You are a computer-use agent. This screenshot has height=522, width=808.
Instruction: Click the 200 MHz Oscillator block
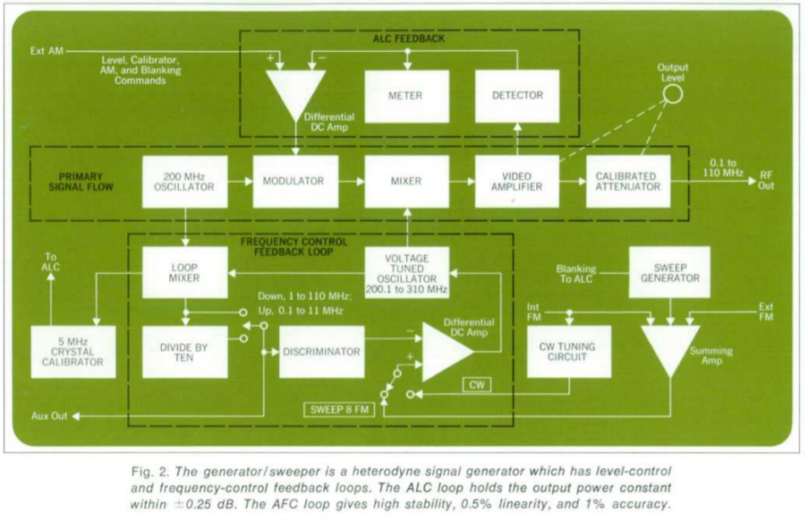[184, 182]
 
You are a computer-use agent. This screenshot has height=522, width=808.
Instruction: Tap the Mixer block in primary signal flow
[405, 182]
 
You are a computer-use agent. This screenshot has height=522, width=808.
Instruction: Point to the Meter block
[405, 96]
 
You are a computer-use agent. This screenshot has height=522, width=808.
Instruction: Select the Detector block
[517, 96]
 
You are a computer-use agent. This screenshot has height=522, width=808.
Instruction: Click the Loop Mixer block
[184, 272]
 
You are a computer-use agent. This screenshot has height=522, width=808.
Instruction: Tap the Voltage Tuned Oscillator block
[405, 272]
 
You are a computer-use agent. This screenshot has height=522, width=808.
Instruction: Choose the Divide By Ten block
[184, 352]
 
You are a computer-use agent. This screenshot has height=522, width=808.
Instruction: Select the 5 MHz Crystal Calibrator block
[72, 352]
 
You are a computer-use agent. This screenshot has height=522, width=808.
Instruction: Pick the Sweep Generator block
[669, 272]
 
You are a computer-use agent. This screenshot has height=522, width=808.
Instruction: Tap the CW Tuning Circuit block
[568, 352]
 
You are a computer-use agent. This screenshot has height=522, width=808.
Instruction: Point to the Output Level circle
[673, 92]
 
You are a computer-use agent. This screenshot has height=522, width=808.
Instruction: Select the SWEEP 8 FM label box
[341, 409]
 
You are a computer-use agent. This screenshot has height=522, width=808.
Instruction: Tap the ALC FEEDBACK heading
[408, 39]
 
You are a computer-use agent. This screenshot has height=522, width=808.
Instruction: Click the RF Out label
[767, 181]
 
